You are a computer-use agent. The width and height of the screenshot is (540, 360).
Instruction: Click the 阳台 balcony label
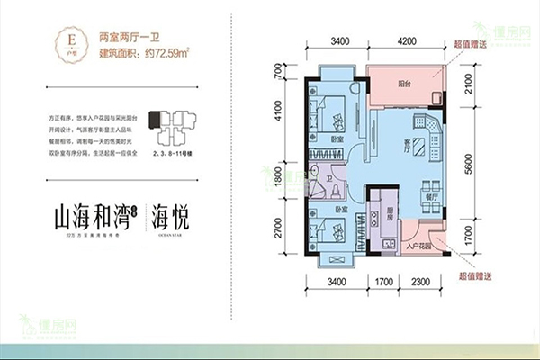(406, 83)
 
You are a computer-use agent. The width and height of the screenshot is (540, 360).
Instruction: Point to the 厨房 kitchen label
(378, 216)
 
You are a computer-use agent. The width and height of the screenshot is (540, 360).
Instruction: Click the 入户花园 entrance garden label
(423, 245)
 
